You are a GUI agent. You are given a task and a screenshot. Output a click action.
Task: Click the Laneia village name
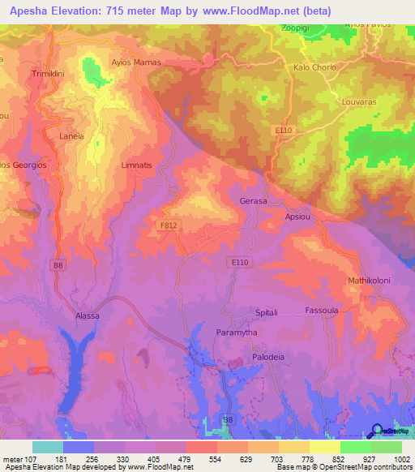[71, 136]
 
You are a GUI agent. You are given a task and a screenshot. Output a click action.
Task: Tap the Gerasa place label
[254, 200]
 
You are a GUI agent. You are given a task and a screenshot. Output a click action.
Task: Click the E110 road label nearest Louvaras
[283, 131]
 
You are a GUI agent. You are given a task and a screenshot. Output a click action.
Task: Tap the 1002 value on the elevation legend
[401, 459]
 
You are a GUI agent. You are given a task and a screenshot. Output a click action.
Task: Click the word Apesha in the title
[29, 11]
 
